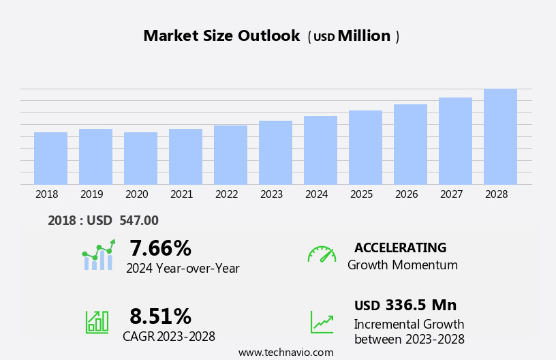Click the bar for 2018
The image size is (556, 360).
[x=50, y=158]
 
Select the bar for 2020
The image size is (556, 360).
[x=140, y=158]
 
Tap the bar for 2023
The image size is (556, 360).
[x=275, y=153]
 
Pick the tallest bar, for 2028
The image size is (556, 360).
[x=500, y=136]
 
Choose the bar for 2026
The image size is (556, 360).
[x=410, y=145]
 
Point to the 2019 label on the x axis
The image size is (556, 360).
[x=91, y=194]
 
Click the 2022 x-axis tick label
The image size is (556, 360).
[x=226, y=194]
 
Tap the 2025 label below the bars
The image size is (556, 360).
[x=361, y=194]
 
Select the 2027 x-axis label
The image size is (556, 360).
[x=451, y=194]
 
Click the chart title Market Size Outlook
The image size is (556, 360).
[x=221, y=36]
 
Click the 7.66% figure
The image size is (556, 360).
[x=160, y=248]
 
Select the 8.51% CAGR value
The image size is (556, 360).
[x=160, y=316]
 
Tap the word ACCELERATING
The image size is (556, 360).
[x=400, y=247]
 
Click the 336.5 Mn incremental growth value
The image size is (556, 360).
[x=420, y=305]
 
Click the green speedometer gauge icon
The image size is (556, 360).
[x=322, y=254]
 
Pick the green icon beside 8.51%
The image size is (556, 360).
[x=97, y=321]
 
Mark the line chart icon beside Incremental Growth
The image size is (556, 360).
[x=322, y=322]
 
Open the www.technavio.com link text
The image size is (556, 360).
[x=285, y=352]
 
